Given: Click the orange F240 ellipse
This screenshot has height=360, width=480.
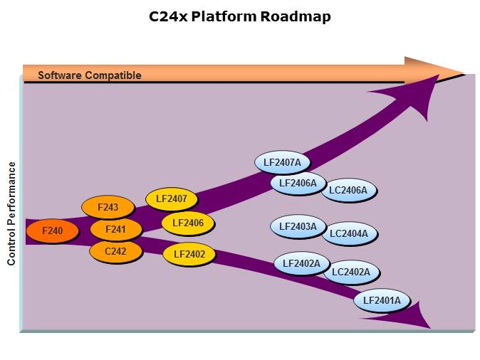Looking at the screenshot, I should pyautogui.click(x=52, y=231).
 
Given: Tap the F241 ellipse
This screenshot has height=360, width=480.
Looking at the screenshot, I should pyautogui.click(x=115, y=230).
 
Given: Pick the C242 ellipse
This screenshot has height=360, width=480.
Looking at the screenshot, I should pyautogui.click(x=115, y=251).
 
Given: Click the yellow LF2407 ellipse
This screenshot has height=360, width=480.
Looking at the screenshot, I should pyautogui.click(x=171, y=199).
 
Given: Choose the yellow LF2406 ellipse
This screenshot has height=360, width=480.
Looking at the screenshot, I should pyautogui.click(x=188, y=223).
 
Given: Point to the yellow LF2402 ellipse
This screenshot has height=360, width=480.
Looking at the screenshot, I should pyautogui.click(x=189, y=254).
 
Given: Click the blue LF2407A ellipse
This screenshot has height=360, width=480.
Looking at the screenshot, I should pyautogui.click(x=282, y=163).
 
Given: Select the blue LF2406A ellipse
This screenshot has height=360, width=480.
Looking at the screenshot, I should pyautogui.click(x=298, y=184).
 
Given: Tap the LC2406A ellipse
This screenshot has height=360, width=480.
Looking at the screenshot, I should pyautogui.click(x=348, y=190).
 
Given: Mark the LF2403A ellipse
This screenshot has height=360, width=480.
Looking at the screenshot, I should pyautogui.click(x=298, y=227).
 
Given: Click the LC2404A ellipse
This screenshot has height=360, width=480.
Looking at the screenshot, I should pyautogui.click(x=349, y=233).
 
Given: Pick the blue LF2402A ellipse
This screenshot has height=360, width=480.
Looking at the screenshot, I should pyautogui.click(x=301, y=264).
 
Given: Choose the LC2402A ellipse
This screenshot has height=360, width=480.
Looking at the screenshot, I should pyautogui.click(x=351, y=272).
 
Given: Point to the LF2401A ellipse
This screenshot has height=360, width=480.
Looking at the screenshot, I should pyautogui.click(x=382, y=301).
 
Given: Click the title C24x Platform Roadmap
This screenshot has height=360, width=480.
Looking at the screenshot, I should pyautogui.click(x=240, y=16).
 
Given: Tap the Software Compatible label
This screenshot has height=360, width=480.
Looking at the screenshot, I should pyautogui.click(x=90, y=75).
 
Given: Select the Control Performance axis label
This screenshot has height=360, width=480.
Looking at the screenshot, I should pyautogui.click(x=12, y=213).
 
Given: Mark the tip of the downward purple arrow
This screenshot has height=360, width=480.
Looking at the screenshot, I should pyautogui.click(x=430, y=327).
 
